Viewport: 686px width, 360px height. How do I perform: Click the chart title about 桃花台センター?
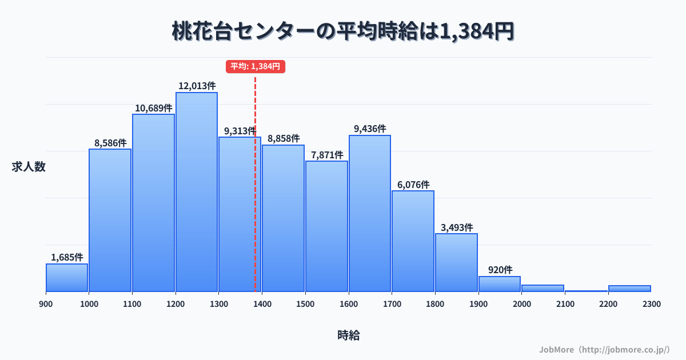(x=343, y=31)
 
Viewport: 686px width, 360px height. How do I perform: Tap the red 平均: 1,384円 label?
(x=255, y=66)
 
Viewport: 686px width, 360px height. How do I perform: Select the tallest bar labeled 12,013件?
(x=197, y=191)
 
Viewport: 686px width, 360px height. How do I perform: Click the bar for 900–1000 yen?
(x=67, y=278)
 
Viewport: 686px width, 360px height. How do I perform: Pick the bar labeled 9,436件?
(x=370, y=213)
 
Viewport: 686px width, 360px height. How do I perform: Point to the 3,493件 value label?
(x=456, y=227)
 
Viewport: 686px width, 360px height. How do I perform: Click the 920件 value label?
(x=500, y=270)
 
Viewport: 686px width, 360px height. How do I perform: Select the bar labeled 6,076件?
(x=413, y=241)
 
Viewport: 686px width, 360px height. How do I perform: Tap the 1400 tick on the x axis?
(x=262, y=304)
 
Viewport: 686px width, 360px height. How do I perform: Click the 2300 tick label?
(x=651, y=304)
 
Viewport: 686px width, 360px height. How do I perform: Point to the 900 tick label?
(x=46, y=304)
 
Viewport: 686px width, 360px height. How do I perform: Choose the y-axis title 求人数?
(x=29, y=167)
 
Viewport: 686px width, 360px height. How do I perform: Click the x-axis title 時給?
(x=348, y=335)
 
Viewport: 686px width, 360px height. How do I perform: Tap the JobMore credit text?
(x=604, y=349)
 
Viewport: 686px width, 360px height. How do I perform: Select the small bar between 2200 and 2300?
(x=629, y=289)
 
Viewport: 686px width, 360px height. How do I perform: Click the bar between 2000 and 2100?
(x=543, y=288)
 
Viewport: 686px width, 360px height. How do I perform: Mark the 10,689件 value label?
(x=153, y=108)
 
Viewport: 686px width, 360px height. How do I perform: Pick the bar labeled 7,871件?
(x=326, y=226)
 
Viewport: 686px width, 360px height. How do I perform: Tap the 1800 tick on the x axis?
(x=435, y=304)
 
